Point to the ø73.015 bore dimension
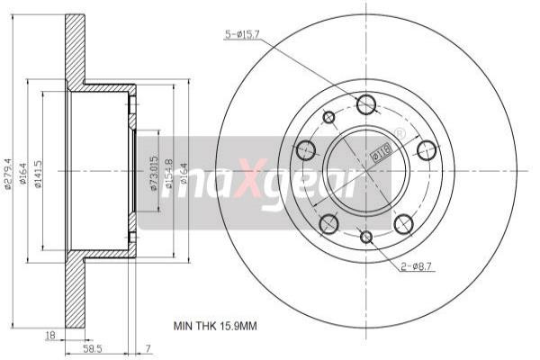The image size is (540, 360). click(x=154, y=170)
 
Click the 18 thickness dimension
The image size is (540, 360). click(x=49, y=335)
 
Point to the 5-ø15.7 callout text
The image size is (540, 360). click(x=241, y=35)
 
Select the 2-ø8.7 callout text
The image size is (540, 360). click(x=417, y=266)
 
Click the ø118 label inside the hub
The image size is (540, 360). click(x=381, y=155)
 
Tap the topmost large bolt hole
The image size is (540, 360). click(x=365, y=104)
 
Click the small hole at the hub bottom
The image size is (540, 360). click(x=366, y=237)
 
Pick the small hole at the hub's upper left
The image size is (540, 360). click(x=328, y=116)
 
